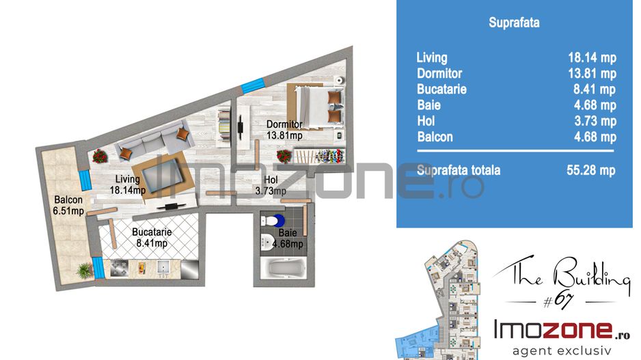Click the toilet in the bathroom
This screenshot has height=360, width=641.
coord(273,221)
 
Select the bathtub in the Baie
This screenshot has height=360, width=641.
coord(284,268)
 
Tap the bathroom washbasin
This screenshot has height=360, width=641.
coord(268,241)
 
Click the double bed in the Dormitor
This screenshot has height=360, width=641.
coord(317,107)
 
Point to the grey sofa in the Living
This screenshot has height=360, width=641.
coord(154,141)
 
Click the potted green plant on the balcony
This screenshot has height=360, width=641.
coord(84,270)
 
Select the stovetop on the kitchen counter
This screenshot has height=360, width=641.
coord(118,269)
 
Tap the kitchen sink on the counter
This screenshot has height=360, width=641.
coord(163,268)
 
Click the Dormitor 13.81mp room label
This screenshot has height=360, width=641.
coord(284,130)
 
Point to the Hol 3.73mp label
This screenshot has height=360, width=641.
coord(271,185)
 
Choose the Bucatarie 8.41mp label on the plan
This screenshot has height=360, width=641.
coord(152,238)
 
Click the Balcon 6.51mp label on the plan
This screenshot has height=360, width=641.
coord(68,205)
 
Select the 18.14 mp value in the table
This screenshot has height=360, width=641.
coord(592,57)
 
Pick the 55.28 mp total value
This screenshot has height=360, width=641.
coord(590,170)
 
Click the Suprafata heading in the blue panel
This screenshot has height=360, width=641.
coord(514,22)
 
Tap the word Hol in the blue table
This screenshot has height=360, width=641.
coord(426,121)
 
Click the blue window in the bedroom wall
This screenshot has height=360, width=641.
coord(253,85)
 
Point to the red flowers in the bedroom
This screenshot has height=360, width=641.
coord(284,156)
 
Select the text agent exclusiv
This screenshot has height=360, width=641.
coord(562,350)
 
